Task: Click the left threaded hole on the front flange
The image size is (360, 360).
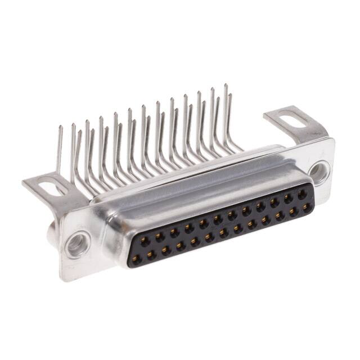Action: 75,245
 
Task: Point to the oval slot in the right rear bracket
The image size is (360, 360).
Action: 294,120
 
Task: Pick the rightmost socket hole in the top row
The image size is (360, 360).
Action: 302,195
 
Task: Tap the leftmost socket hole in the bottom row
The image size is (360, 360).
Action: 136,257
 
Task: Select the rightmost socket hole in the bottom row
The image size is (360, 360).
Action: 307,206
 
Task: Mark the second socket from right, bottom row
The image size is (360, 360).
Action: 294,210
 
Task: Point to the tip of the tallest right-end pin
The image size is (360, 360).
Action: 226,85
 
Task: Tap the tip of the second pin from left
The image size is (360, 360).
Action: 73,124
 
